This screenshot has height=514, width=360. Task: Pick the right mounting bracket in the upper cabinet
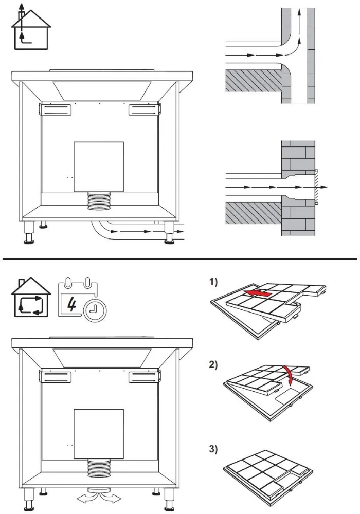tap(143, 109)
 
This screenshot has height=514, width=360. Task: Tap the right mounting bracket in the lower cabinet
tap(143, 378)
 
